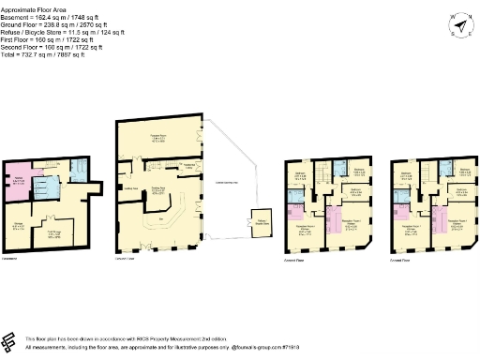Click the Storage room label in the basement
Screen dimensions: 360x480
coord(19,223)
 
